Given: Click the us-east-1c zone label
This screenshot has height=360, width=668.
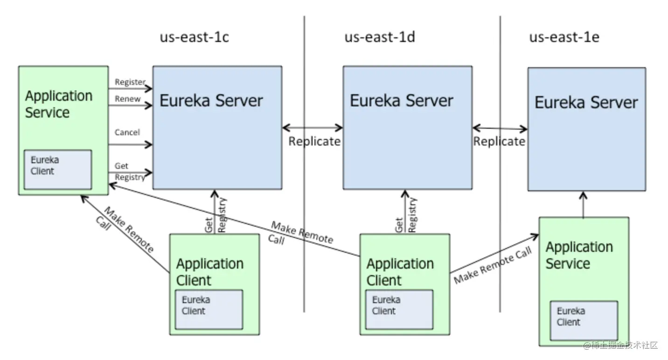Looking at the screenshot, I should coord(195,37).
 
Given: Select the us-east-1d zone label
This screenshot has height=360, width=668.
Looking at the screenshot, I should coord(380,37).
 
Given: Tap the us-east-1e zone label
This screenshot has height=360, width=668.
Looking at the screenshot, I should coord(564,37).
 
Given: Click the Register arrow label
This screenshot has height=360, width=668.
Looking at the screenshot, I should coord(130,82).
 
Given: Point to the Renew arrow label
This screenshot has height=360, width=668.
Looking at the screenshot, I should coord(127,99).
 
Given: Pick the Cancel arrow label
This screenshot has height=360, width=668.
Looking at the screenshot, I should coord(127,132).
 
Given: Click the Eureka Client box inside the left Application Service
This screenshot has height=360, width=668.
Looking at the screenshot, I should coord(58,169).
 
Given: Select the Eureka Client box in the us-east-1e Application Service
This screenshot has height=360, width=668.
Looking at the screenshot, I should coord(584,320).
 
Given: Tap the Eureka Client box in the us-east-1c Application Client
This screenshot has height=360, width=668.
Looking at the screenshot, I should coord(209,309).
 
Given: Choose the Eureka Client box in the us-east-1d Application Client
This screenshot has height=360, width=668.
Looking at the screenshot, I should coord(399,309).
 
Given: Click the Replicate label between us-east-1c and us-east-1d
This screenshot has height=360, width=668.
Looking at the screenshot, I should coord(314,141).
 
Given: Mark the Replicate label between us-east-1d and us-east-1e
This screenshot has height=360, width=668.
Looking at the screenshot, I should coord(499,141).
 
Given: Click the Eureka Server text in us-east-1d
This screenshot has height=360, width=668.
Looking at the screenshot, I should coord(401,101).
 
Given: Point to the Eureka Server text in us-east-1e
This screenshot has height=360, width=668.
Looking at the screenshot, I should coord(586,103).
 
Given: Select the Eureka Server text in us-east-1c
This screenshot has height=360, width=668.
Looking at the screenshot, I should coord(211,101).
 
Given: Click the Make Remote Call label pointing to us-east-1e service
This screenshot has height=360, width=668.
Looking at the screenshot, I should coord(493,265).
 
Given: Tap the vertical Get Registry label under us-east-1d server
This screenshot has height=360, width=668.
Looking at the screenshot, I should coord(406,215).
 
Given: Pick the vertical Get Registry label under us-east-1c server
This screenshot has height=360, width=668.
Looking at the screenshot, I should coord(215,215).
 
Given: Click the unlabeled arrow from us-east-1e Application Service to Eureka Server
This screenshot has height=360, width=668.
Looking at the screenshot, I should coord(583,204).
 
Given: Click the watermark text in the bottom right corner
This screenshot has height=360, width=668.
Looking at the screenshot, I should coord(621,346).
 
